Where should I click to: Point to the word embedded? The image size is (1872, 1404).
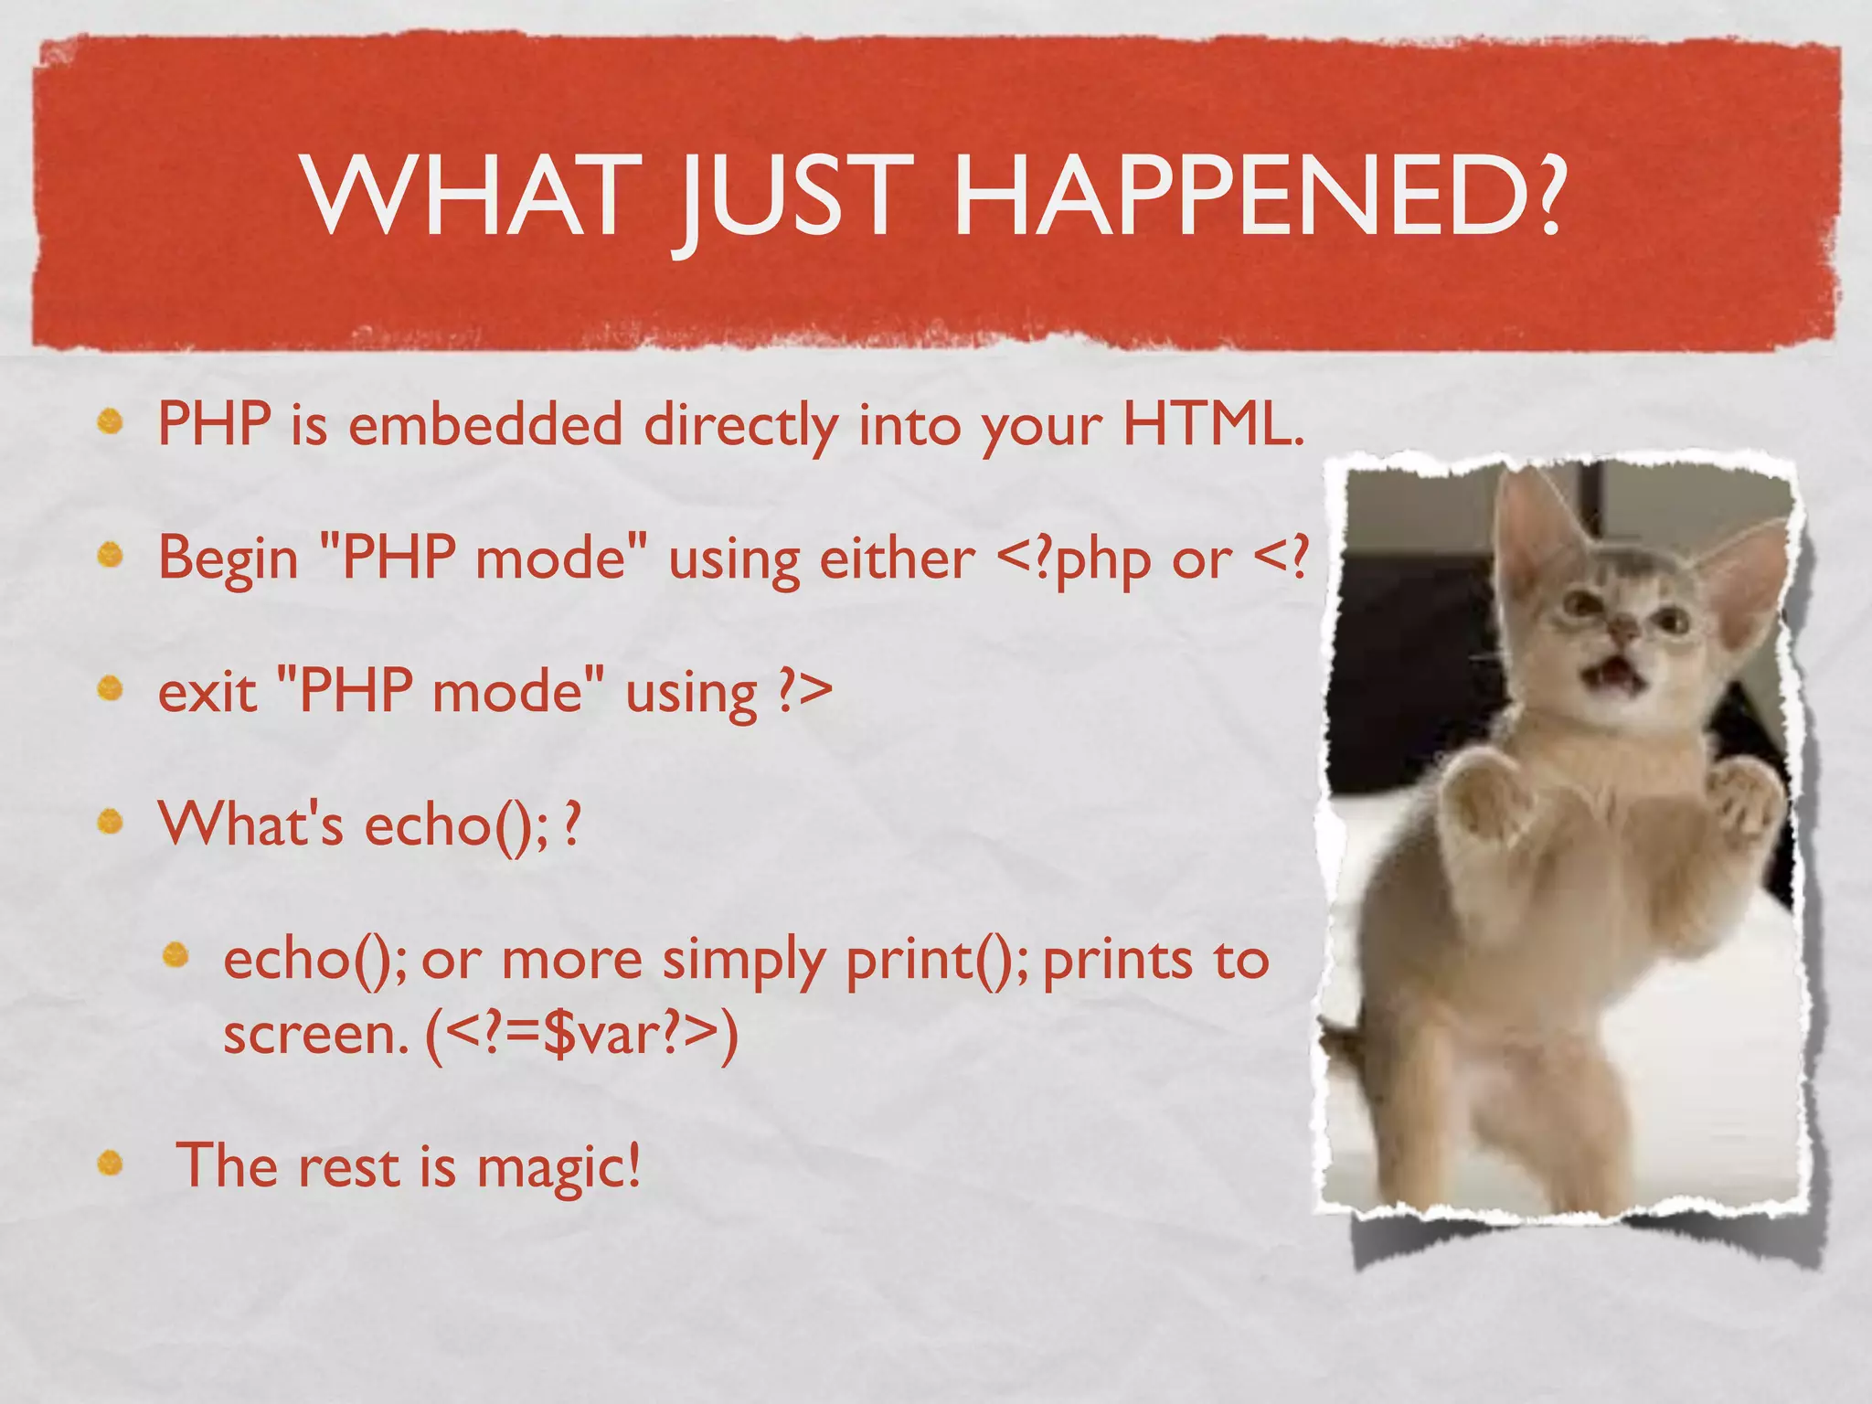(x=485, y=425)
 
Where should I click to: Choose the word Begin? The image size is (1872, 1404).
(x=229, y=558)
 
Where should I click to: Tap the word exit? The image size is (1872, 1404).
(x=207, y=692)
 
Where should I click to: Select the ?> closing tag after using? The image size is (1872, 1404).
(x=804, y=692)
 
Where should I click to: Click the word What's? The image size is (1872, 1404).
(x=250, y=824)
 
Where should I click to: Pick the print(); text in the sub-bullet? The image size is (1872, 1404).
(x=936, y=960)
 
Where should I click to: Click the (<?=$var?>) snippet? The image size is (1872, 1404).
(x=581, y=1036)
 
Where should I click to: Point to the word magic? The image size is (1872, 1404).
(x=558, y=1167)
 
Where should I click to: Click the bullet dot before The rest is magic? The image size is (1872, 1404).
(x=111, y=1163)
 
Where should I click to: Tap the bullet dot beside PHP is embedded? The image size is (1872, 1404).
(x=111, y=420)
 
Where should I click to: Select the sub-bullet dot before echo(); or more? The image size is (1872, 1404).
(x=175, y=956)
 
